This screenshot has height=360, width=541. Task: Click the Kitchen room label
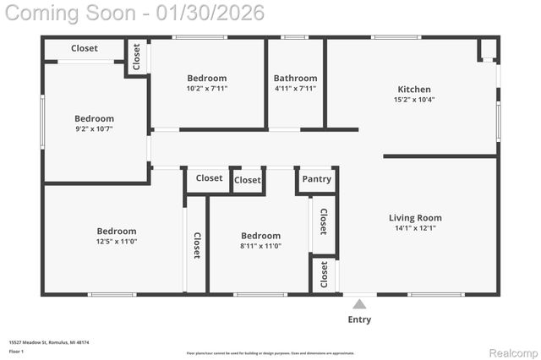[x=414, y=89]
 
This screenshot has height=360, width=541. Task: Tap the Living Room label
[x=414, y=217]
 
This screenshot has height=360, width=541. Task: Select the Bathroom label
[x=295, y=78]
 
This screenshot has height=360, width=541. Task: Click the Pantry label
[x=316, y=179]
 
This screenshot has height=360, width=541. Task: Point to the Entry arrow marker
[x=359, y=304]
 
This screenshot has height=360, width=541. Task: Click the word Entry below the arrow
[x=359, y=319]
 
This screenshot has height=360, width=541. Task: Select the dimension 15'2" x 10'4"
[x=414, y=99]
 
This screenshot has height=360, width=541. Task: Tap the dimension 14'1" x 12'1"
[x=414, y=227]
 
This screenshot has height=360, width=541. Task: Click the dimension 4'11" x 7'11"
[x=295, y=88]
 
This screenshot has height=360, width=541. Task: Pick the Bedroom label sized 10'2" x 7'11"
[x=207, y=78]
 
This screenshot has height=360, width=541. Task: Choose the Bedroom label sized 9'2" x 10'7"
[x=94, y=118]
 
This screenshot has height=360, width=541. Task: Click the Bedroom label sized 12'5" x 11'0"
[x=116, y=231]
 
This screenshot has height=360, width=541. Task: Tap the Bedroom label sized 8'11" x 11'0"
[x=260, y=236]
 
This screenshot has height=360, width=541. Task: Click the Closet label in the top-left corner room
[x=84, y=48]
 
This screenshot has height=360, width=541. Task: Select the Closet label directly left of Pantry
[x=248, y=180]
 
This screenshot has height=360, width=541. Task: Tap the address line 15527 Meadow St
[x=49, y=342]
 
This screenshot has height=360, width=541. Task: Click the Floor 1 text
[x=16, y=351]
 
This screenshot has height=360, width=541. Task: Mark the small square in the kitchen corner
[x=488, y=50]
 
